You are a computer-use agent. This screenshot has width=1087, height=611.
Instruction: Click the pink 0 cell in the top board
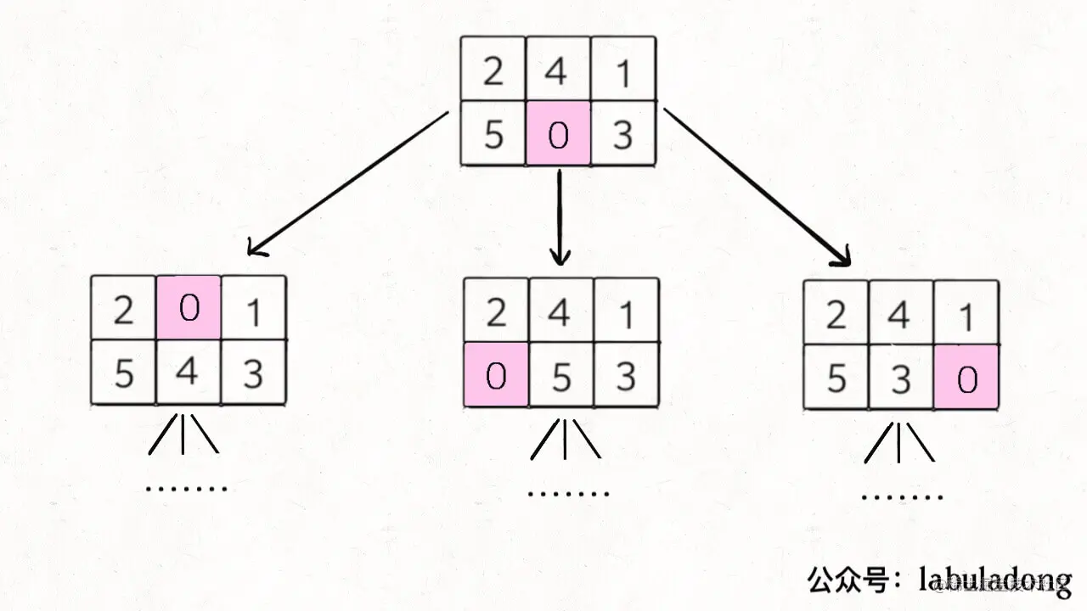(558, 134)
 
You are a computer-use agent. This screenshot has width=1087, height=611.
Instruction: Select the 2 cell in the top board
(493, 70)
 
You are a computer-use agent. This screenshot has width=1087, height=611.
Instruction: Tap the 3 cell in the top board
(623, 134)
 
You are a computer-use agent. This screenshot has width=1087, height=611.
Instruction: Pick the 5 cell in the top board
(493, 134)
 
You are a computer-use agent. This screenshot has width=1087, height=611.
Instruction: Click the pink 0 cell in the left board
(189, 307)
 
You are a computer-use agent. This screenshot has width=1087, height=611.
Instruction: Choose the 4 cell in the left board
(189, 372)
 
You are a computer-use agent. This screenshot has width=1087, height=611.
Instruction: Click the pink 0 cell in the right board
(966, 378)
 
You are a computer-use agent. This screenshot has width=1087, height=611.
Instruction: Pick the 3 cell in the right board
(900, 378)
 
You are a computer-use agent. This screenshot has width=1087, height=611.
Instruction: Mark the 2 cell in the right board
(836, 316)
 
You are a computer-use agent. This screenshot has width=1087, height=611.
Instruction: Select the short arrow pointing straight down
(559, 216)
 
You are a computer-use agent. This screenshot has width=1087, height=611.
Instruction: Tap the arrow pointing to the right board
(756, 187)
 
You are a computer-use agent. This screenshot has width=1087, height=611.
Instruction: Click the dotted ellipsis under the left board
(187, 488)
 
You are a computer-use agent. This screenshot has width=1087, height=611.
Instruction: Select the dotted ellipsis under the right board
(902, 497)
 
